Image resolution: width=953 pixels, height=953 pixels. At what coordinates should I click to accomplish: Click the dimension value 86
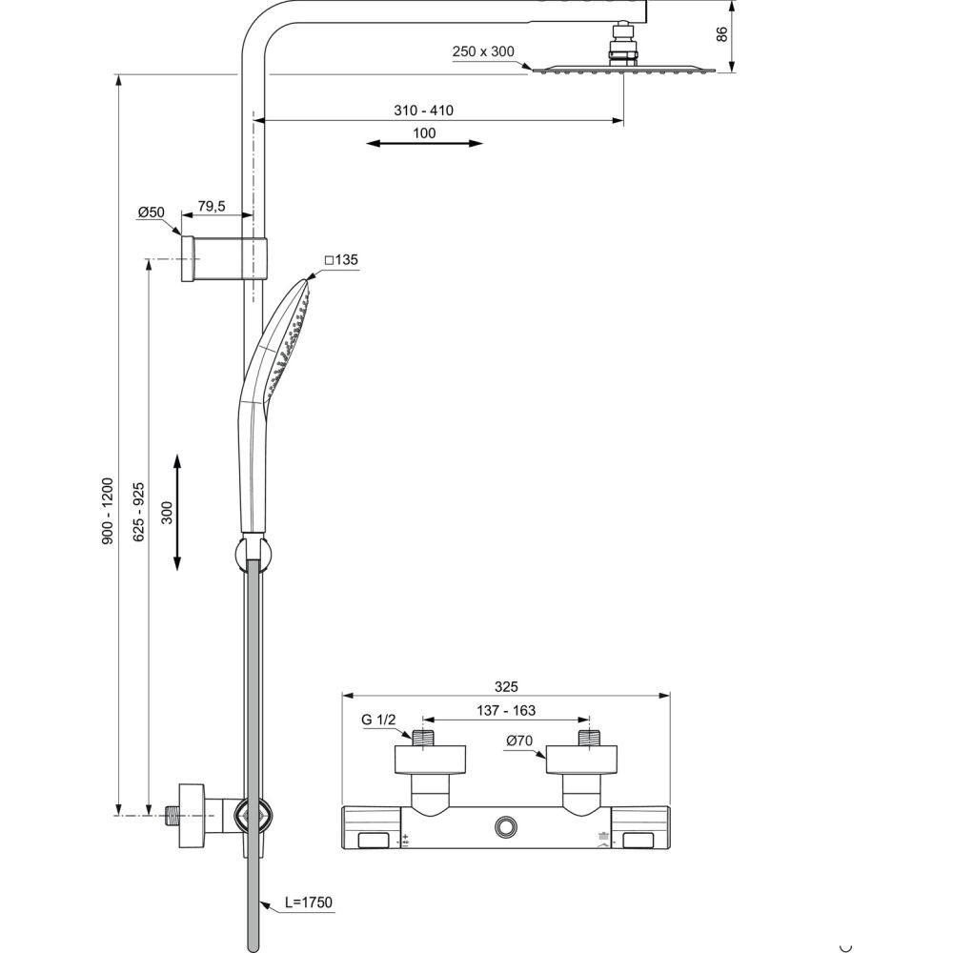[x=722, y=33]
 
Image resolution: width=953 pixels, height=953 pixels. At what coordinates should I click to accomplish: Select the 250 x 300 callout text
[x=483, y=52]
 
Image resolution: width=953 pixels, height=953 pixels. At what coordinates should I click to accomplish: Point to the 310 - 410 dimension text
[x=424, y=111]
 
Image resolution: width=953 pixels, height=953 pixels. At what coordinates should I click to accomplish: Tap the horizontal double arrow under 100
[x=424, y=144]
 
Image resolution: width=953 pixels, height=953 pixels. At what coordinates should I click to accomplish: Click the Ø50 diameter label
[x=151, y=213]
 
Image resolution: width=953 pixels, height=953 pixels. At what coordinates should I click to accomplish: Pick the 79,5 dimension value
[x=211, y=206]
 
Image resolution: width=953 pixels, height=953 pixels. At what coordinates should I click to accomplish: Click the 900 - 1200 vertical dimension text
[x=108, y=511]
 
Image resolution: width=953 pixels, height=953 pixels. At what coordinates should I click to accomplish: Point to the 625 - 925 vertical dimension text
[x=138, y=513]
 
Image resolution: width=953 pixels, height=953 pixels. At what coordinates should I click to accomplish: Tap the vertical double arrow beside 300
[x=178, y=513]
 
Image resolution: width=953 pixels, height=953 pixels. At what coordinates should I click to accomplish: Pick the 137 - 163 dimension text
[x=506, y=709]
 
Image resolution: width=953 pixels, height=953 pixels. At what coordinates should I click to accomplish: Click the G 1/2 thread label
[x=378, y=720]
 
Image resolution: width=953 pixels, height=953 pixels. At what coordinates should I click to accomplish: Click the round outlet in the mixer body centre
[x=506, y=825]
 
